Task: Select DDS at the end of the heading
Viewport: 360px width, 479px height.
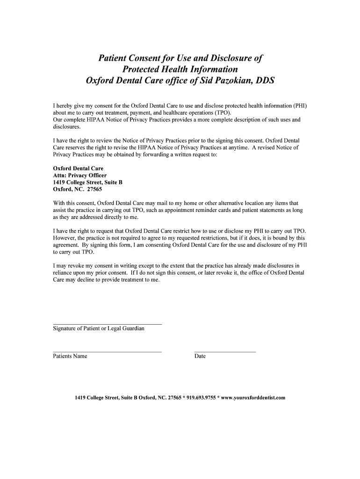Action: tap(264, 80)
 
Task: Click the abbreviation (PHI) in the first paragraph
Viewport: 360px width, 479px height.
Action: tap(299, 106)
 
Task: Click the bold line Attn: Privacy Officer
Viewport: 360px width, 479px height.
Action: tap(80, 175)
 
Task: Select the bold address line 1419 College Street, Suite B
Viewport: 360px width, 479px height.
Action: tap(88, 182)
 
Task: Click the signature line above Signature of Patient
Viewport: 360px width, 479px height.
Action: tap(108, 324)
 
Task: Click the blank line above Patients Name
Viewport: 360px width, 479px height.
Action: tap(108, 351)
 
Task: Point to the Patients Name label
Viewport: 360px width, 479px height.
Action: tap(70, 356)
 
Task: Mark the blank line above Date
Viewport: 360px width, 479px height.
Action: tap(225, 351)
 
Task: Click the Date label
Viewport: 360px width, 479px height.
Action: tap(200, 356)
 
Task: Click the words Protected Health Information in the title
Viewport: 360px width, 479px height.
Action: tap(180, 69)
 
